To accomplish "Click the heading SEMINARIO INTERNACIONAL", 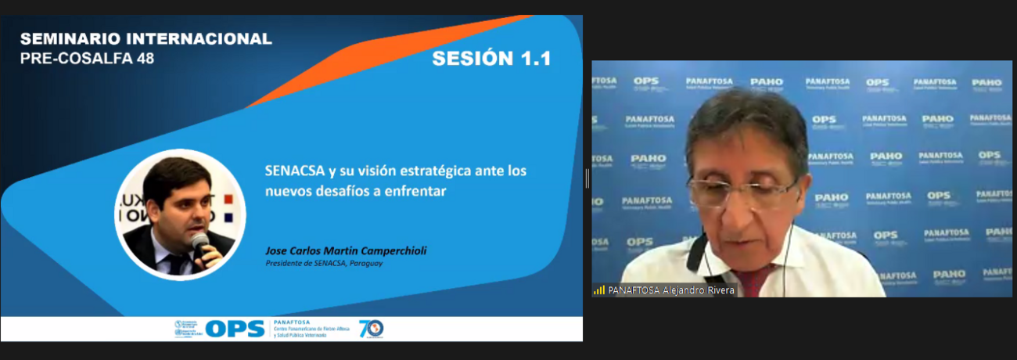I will [146, 38].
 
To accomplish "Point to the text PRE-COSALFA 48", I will [87, 58].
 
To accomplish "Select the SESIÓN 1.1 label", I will [491, 59].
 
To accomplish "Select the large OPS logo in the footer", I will [234, 329].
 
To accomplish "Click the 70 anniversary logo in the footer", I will [371, 329].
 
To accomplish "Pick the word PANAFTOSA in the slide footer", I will [292, 322].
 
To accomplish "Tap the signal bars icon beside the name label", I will [599, 290].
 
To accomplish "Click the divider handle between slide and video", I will [587, 178].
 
